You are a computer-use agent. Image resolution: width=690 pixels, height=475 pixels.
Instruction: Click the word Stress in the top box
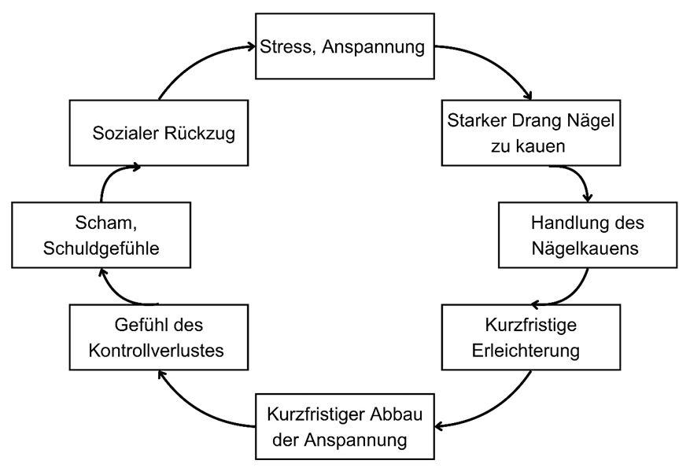coord(286,47)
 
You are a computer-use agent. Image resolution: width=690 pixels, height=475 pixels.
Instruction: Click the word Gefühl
coord(139,325)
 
